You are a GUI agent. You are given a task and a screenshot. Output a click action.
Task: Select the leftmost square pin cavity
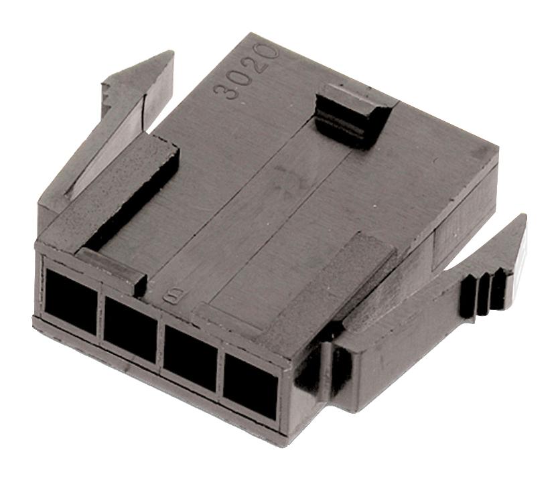pyautogui.click(x=70, y=295)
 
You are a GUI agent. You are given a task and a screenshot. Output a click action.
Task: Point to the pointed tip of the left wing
pyautogui.click(x=171, y=54)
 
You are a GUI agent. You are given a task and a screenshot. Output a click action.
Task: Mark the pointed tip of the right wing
pyautogui.click(x=522, y=218)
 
